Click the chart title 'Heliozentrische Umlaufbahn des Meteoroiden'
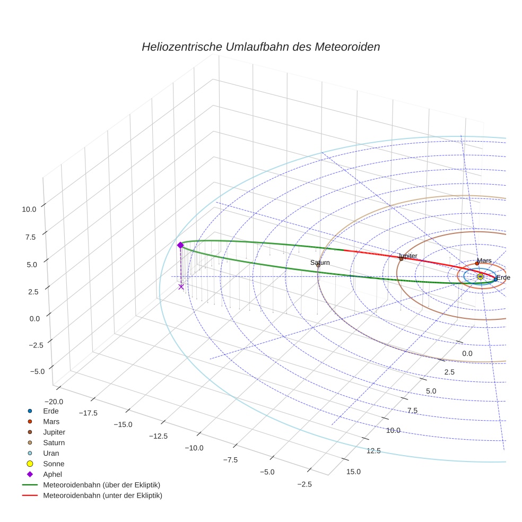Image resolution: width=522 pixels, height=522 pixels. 260,47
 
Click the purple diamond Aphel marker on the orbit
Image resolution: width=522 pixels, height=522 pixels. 180,245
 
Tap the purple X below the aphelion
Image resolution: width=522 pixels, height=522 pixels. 181,286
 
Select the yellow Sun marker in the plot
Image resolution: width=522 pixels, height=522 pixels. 480,276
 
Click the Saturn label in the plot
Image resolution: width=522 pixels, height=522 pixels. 320,263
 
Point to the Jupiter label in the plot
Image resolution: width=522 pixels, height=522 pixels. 407,256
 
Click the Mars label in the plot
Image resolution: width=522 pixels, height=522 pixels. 484,261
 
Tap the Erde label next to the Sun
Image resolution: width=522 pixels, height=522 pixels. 503,277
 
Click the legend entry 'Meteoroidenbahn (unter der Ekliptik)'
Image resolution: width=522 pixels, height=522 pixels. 102,495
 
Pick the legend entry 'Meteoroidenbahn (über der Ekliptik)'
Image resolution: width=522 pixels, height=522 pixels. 101,485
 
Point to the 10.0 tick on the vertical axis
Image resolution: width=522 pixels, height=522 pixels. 29,209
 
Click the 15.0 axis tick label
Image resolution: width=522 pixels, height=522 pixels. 353,472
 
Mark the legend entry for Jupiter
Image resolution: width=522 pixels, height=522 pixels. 54,432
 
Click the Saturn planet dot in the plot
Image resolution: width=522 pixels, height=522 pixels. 318,266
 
